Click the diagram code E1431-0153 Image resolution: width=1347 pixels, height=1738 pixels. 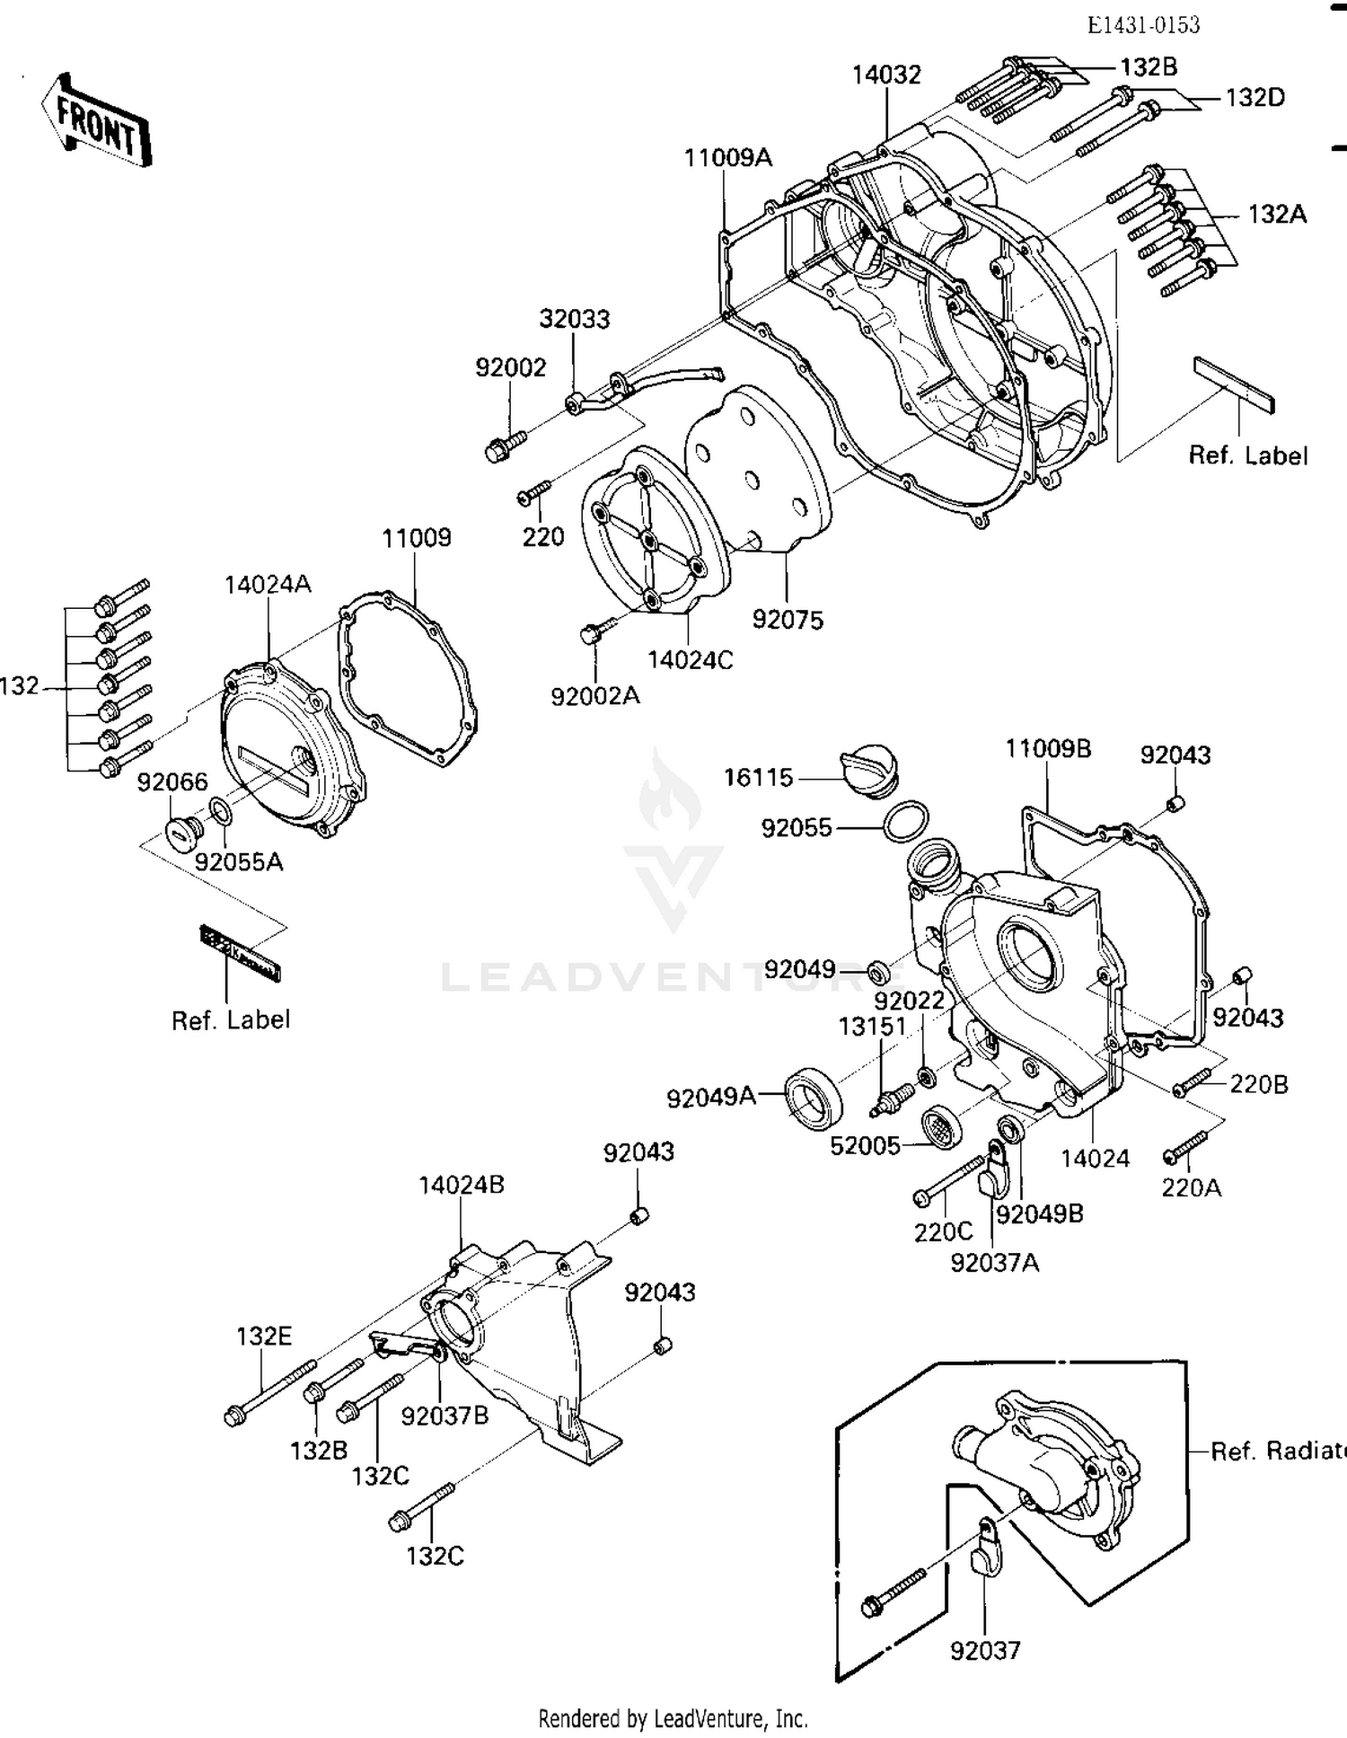1143,25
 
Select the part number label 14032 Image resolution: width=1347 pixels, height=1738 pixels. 886,75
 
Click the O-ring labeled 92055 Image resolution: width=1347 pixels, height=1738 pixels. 905,822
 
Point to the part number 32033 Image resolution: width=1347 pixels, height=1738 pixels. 574,319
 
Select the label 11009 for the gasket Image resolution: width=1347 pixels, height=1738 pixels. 416,538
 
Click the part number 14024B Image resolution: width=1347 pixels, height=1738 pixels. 461,1185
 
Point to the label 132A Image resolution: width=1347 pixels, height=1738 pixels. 1277,215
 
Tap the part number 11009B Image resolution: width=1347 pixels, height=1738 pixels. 1047,748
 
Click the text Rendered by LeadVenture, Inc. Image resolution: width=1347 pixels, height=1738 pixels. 673,1718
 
